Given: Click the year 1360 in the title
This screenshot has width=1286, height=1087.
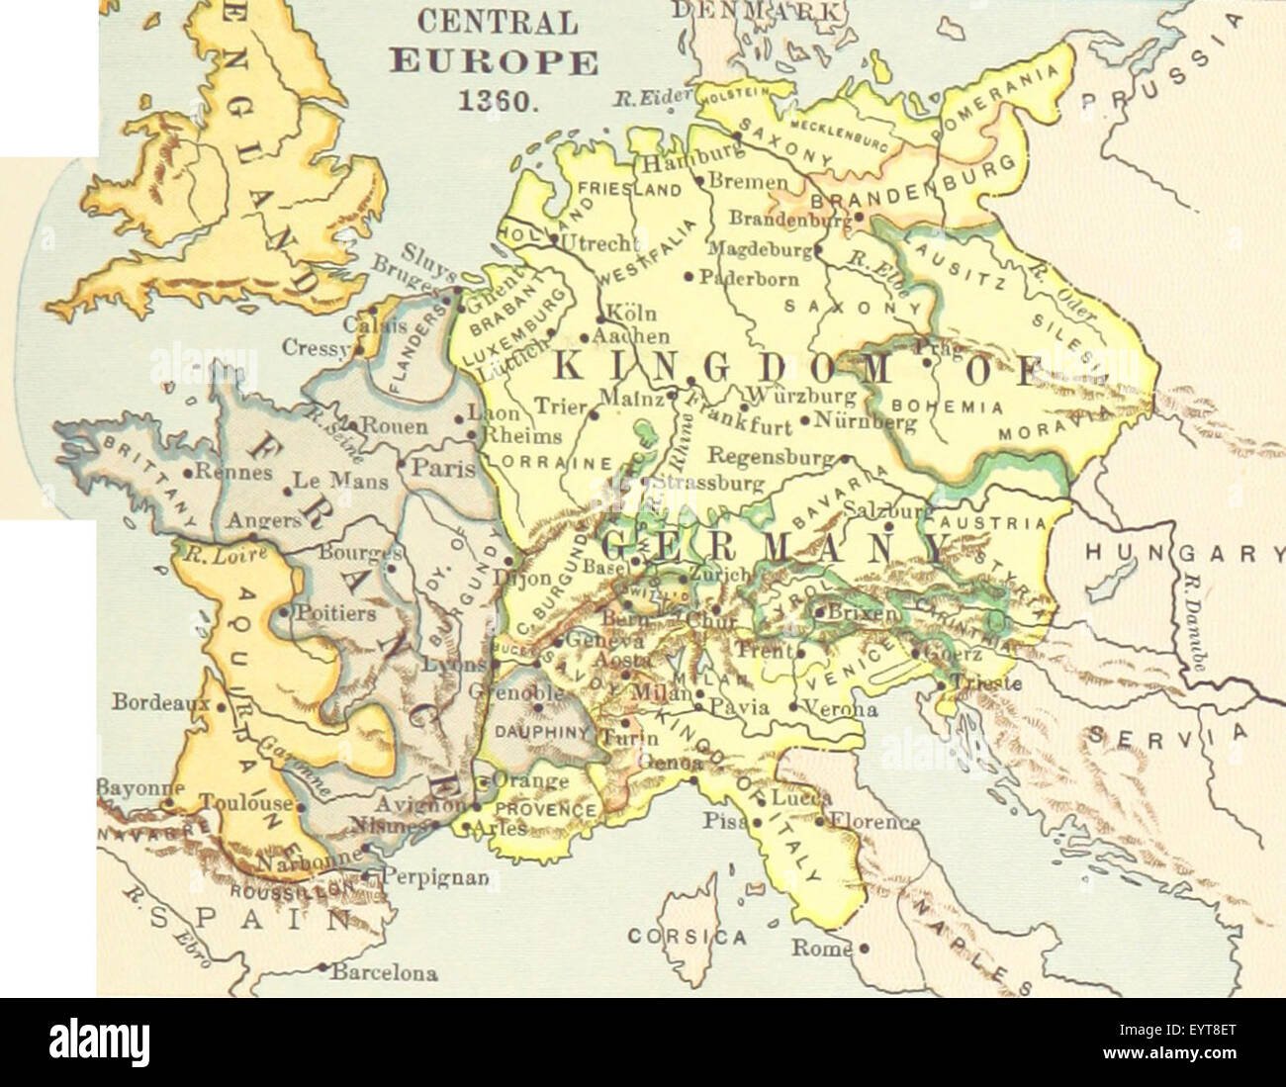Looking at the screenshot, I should (493, 102).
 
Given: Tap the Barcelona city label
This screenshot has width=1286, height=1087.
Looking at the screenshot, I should (384, 972).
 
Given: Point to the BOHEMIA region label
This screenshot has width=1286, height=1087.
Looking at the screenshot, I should (948, 407).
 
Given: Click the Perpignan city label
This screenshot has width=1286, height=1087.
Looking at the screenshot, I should (425, 876).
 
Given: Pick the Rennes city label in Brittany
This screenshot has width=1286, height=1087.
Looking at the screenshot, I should (234, 472).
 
